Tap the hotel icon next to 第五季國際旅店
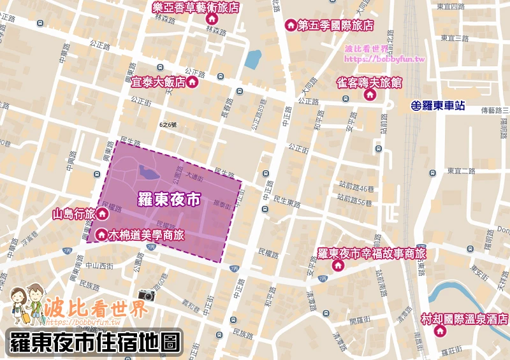tap(290, 25)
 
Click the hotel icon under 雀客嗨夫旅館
tap(368, 95)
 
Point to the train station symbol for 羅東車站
tap(416, 106)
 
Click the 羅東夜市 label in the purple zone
tap(169, 199)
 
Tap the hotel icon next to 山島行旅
tap(102, 213)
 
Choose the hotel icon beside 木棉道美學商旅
tap(101, 235)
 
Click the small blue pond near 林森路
tap(253, 60)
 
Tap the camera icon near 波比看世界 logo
tap(147, 295)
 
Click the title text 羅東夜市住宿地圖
tap(94, 342)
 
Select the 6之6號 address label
tap(169, 124)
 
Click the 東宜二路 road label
tap(461, 170)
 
